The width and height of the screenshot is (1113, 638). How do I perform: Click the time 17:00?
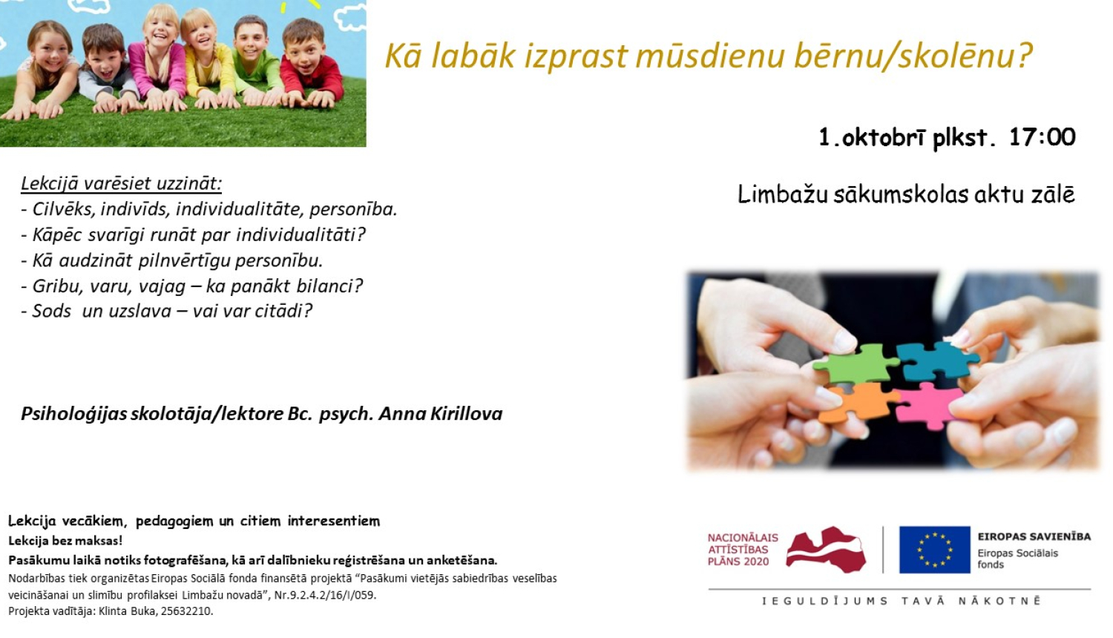coord(1042,137)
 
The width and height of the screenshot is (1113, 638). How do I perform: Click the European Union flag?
coord(934,550)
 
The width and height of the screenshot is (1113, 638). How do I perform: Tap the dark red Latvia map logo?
coord(826,550)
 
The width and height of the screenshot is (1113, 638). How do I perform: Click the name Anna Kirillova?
coord(441,414)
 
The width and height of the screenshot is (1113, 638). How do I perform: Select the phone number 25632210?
coord(189,611)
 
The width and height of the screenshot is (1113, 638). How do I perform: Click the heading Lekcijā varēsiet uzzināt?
coord(121,183)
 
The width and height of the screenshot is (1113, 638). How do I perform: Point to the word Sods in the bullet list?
coord(52,311)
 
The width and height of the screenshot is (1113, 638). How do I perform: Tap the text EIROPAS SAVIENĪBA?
coord(1034,536)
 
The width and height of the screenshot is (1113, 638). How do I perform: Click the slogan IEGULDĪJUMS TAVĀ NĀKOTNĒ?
coord(901,601)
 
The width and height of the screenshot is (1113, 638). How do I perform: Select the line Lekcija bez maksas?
coord(65,541)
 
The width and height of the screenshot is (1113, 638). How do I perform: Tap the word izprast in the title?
coord(575,56)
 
